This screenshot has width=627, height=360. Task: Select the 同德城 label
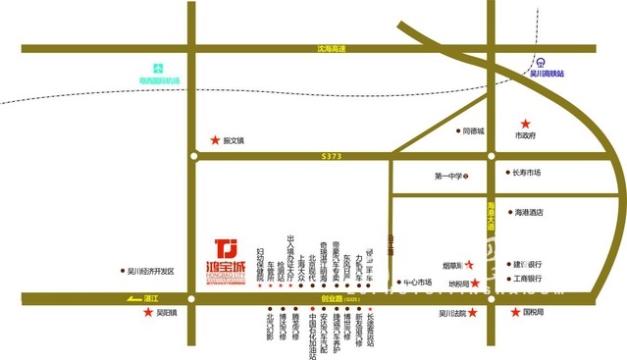click(474, 130)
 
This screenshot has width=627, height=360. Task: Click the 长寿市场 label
click(526, 173)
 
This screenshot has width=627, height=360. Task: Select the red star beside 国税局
click(516, 313)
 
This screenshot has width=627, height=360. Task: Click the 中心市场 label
click(417, 287)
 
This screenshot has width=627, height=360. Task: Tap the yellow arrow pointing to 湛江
click(132, 298)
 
